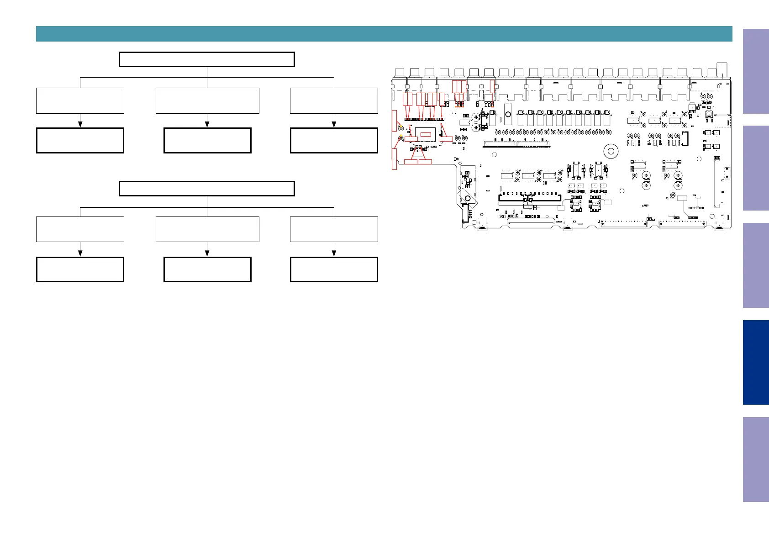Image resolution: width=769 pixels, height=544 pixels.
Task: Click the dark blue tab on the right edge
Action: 756,362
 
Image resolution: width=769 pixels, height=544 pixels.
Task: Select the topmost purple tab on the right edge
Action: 756,71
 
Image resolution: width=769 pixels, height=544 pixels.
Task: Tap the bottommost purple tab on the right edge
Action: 756,459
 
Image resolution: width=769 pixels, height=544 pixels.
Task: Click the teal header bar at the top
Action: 384,34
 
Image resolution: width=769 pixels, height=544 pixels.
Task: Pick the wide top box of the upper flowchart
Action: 206,59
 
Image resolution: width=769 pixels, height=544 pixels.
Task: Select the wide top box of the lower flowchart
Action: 206,189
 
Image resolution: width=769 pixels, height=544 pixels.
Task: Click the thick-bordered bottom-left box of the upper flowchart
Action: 80,140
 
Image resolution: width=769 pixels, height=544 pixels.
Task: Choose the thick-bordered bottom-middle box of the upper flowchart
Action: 207,140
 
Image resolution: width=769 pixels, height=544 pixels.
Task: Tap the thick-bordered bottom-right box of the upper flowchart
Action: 334,140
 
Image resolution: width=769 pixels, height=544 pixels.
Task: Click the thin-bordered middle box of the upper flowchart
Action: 207,100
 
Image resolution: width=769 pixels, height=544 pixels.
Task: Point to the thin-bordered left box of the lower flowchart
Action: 80,229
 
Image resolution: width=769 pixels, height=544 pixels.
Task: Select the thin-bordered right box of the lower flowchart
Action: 334,229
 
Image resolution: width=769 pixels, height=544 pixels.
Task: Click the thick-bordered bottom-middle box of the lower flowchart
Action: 207,269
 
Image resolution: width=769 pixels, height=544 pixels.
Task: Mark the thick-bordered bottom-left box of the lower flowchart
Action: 80,269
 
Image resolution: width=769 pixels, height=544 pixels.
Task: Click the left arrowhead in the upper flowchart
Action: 80,124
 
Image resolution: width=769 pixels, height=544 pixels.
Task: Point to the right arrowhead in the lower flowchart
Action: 334,254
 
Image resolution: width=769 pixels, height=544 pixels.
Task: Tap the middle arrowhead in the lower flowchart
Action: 207,254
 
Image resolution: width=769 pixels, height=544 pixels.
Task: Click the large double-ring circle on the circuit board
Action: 610,151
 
